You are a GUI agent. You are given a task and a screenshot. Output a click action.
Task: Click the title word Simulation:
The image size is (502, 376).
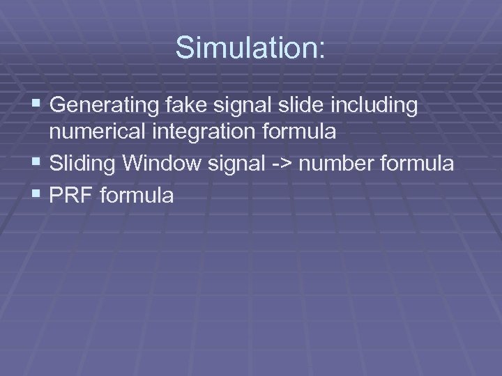250,47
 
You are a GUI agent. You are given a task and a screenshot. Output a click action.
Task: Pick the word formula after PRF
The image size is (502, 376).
137,196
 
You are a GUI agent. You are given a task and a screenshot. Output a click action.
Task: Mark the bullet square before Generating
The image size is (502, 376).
37,106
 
